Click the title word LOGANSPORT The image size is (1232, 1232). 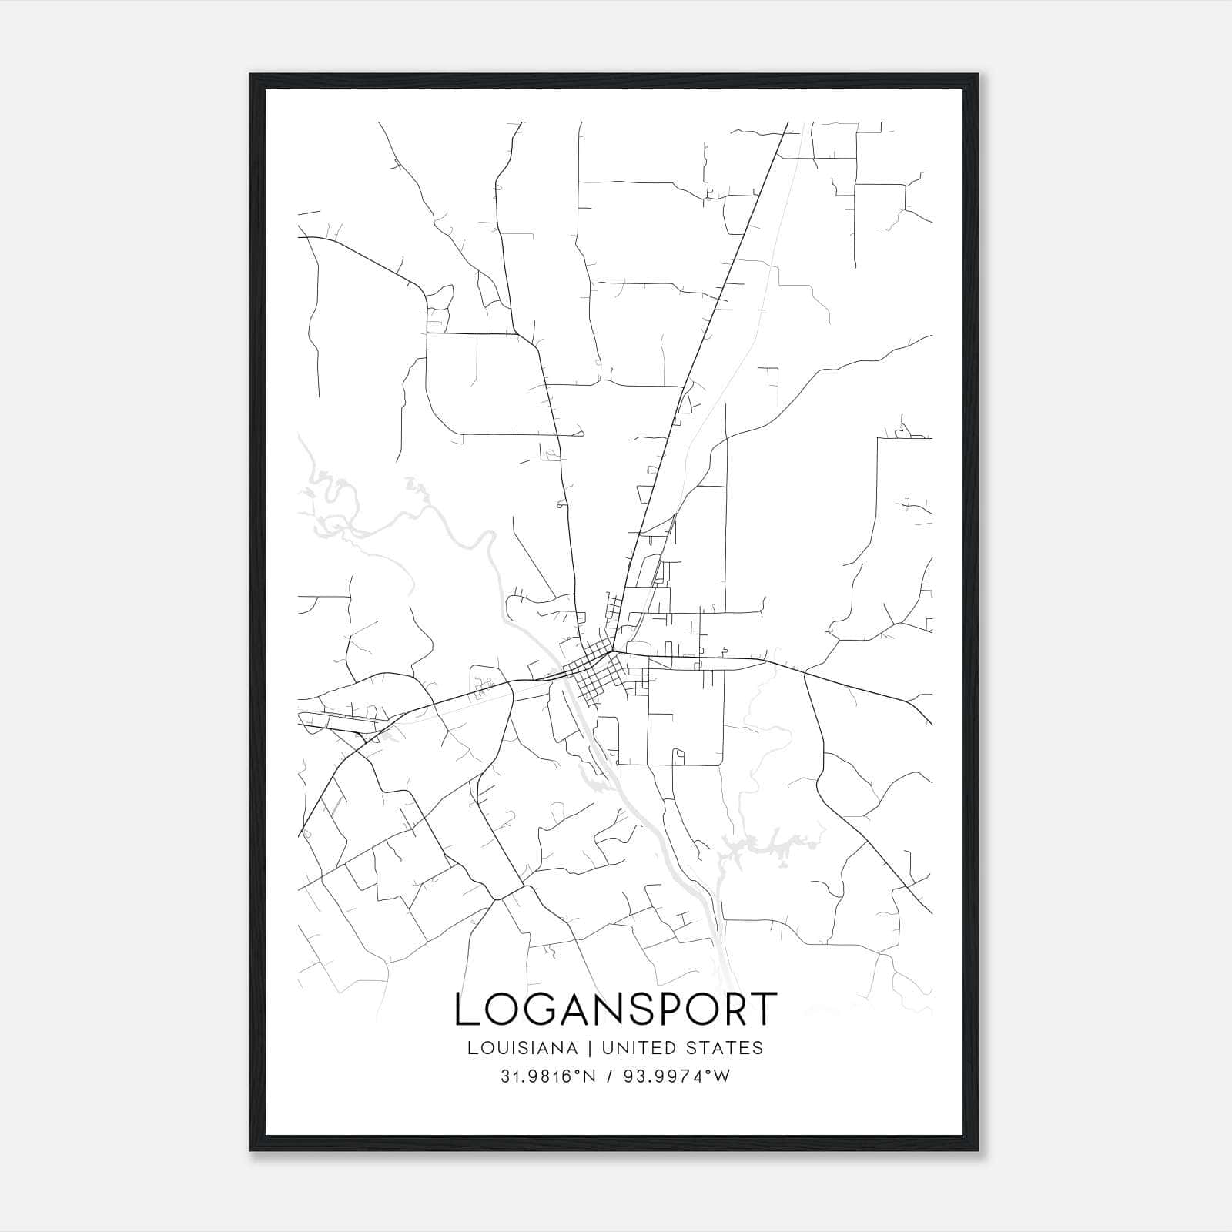tap(616, 1009)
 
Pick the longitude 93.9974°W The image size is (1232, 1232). tap(677, 1076)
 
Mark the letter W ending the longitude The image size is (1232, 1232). tap(723, 1076)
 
